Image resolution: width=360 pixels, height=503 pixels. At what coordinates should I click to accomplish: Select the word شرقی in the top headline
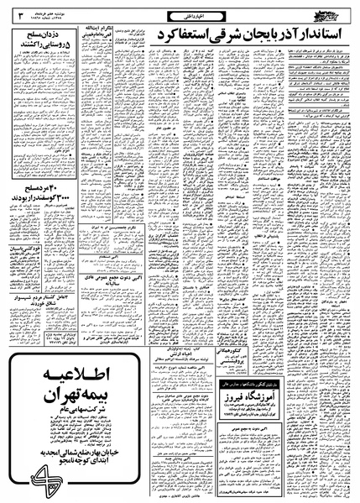tap(213, 41)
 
